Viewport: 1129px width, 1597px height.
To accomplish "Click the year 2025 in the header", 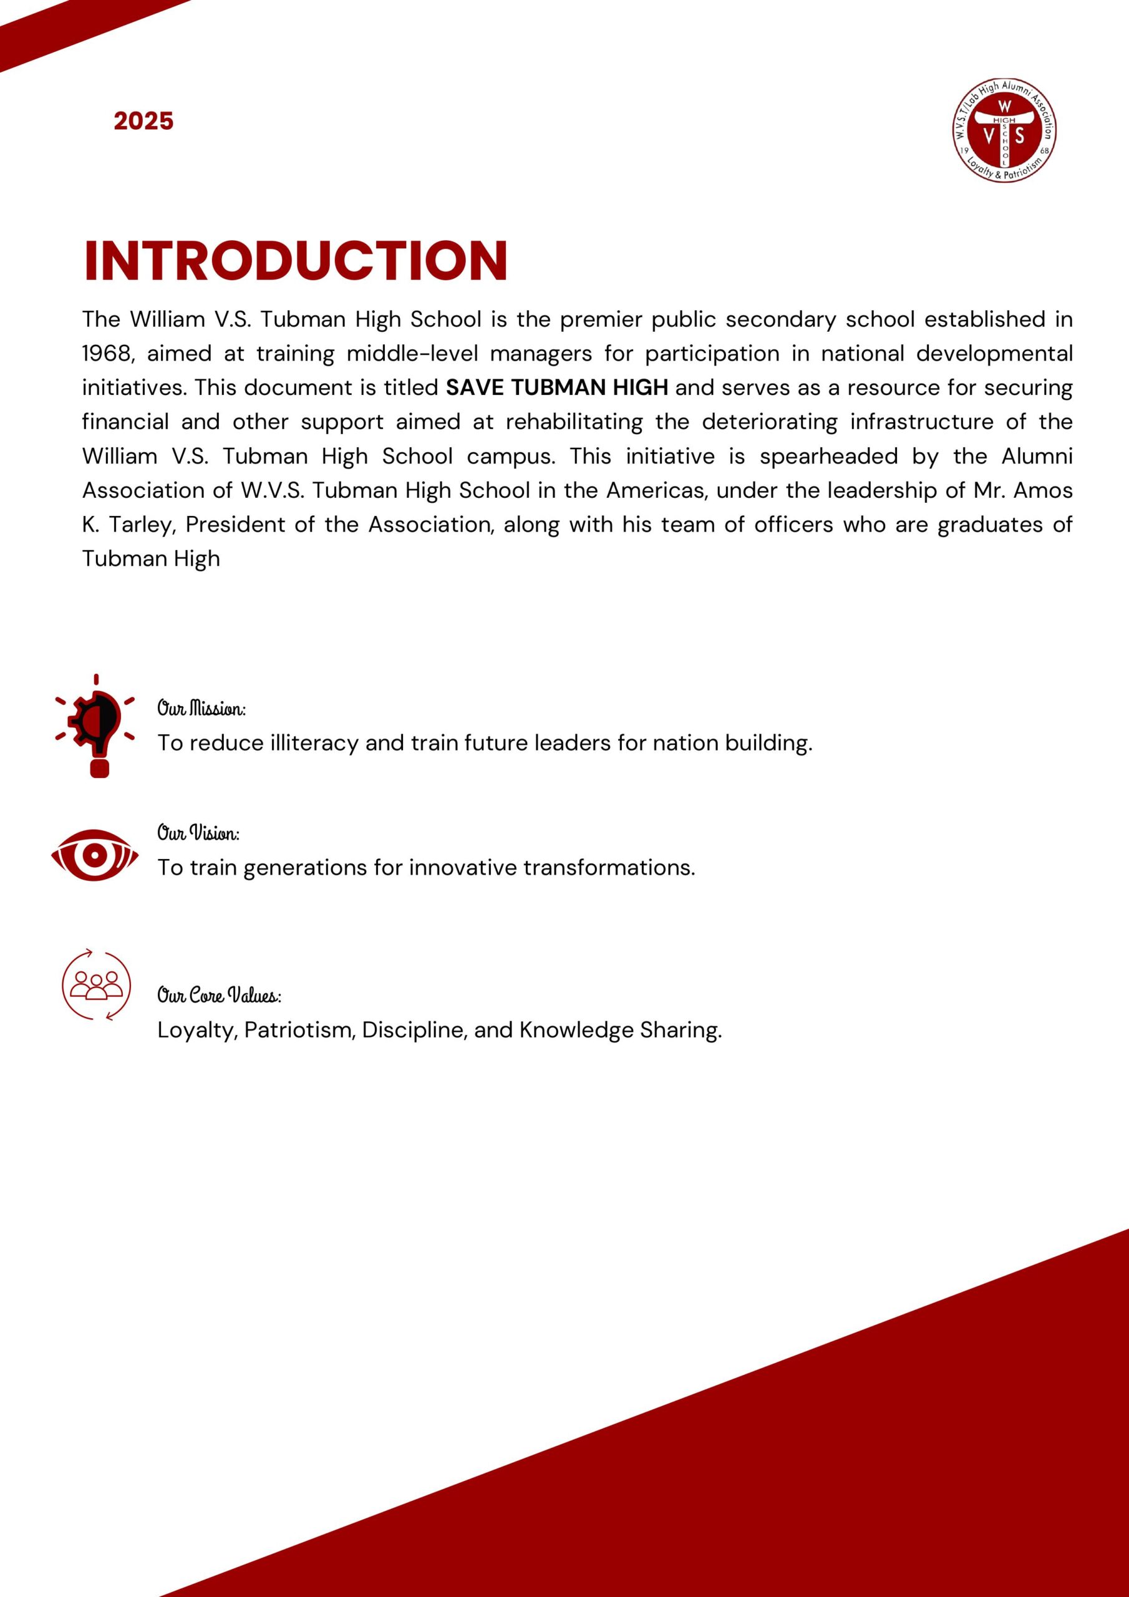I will click(x=143, y=121).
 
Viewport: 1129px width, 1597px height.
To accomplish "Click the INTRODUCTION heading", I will click(x=296, y=261).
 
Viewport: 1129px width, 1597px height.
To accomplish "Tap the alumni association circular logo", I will click(x=1004, y=130).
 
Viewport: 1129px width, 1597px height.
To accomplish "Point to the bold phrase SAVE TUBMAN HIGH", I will click(x=556, y=387).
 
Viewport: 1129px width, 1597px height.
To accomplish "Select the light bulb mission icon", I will click(x=95, y=726).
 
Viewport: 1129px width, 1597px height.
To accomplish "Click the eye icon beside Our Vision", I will click(x=95, y=855).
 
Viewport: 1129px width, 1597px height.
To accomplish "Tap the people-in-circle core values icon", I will click(x=96, y=984).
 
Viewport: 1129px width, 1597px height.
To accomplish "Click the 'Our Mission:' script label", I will click(x=201, y=709).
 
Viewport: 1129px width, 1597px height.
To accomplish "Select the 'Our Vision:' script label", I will click(x=198, y=833).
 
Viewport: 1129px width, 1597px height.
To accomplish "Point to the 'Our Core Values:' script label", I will click(x=219, y=996).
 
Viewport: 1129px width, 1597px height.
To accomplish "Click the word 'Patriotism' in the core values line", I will click(x=301, y=1029).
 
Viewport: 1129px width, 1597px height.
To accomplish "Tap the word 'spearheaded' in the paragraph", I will click(x=828, y=456).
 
